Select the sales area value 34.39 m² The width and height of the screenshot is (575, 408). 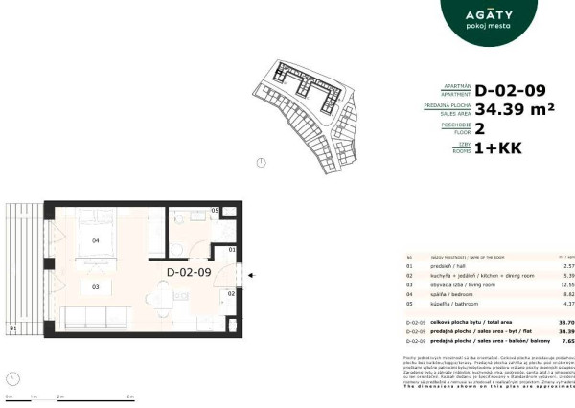click(x=515, y=110)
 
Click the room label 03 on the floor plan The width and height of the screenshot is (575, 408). click(x=96, y=286)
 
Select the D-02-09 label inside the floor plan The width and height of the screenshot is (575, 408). click(x=189, y=273)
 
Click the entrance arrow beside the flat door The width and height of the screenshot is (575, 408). click(x=251, y=277)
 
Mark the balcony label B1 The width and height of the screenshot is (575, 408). click(x=12, y=329)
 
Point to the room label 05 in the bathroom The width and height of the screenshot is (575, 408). click(x=215, y=210)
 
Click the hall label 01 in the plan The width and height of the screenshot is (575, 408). click(x=231, y=251)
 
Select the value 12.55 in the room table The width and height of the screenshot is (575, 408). click(x=566, y=284)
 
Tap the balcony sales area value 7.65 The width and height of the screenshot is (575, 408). click(x=566, y=340)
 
